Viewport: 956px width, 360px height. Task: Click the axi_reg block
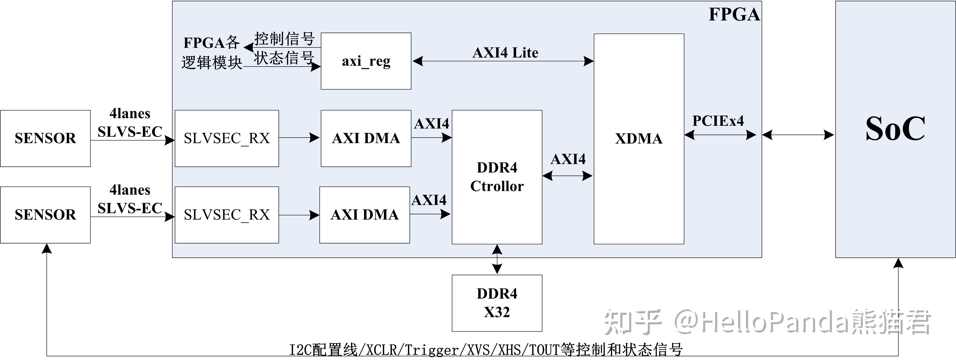(x=366, y=61)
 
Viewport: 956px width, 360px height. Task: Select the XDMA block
(x=639, y=139)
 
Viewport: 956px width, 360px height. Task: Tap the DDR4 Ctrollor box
(x=497, y=177)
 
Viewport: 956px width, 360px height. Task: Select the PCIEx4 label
(x=718, y=121)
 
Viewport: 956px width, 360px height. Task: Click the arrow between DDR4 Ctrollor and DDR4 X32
(x=497, y=259)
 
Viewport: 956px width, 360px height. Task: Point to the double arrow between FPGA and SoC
(x=798, y=135)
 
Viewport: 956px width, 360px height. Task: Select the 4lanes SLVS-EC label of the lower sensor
(x=130, y=199)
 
